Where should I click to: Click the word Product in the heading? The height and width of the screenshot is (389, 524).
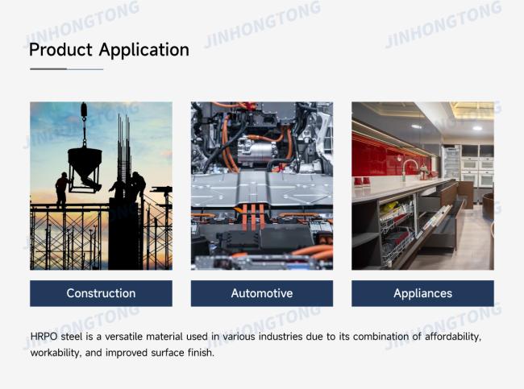tap(60, 50)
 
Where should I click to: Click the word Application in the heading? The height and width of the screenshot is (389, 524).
tap(144, 51)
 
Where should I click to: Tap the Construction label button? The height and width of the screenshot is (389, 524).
tap(101, 293)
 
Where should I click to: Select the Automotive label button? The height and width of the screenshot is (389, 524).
tap(262, 293)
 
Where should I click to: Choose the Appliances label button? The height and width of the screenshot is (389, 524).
tap(422, 293)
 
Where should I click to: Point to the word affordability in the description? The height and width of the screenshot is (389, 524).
tap(453, 337)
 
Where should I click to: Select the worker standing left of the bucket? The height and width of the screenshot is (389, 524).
tap(62, 189)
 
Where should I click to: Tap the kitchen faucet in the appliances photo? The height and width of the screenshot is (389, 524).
tap(410, 168)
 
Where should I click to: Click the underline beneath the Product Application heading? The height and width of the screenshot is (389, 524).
tap(66, 69)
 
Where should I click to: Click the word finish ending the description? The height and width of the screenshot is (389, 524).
tap(201, 353)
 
